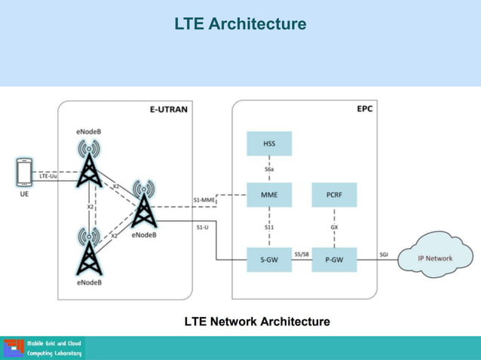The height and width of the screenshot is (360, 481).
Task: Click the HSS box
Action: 269,143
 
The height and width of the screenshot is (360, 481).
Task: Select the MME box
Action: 269,195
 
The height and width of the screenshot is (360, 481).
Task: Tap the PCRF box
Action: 334,195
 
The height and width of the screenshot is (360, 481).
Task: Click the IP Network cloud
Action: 435,258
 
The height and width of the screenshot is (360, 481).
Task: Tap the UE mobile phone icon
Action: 24,173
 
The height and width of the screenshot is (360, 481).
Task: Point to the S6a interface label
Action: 269,170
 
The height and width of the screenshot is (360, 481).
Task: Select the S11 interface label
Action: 269,227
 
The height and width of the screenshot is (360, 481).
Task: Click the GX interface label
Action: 334,227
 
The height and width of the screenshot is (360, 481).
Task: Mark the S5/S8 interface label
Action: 302,253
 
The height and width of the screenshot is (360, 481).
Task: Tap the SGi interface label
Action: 384,254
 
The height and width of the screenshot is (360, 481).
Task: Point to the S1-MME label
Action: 204,200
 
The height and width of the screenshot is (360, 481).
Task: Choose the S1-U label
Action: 203,227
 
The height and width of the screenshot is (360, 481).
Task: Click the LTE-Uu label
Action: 49,176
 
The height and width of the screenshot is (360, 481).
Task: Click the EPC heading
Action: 364,108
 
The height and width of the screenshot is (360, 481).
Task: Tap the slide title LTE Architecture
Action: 240,24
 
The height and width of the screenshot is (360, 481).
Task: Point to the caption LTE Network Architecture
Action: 257,322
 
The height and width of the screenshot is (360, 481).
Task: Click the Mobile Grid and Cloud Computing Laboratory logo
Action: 44,349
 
